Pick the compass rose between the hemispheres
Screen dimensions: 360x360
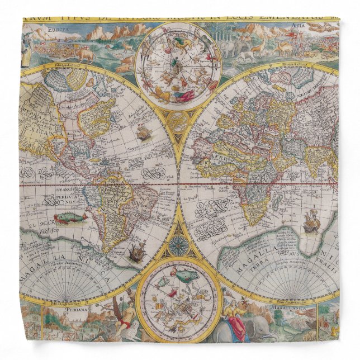click(x=180, y=245)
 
